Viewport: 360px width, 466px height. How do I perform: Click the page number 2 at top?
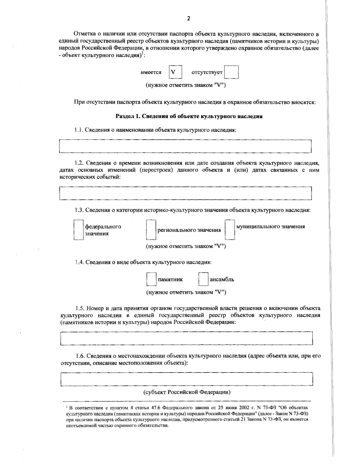(188, 19)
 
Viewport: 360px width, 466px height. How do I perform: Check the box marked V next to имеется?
(175, 72)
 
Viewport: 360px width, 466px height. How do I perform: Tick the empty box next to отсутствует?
(232, 72)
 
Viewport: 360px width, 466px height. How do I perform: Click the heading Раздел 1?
(189, 116)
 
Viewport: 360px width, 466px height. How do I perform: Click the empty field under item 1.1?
(185, 146)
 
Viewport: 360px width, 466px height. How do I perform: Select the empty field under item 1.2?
(185, 193)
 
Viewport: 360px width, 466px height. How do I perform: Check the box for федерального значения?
(78, 230)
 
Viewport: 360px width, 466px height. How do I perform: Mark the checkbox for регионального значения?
(151, 230)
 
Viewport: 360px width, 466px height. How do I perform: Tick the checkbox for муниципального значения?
(230, 230)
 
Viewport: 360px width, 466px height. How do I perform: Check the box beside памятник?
(151, 279)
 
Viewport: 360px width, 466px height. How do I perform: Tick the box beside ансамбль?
(203, 279)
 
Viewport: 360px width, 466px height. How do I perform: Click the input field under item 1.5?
(186, 338)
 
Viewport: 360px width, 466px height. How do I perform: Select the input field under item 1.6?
(186, 379)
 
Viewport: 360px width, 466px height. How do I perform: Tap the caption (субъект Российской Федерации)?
(186, 392)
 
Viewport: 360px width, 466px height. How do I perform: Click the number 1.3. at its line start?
(79, 210)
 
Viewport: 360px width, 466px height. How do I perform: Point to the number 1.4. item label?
(79, 262)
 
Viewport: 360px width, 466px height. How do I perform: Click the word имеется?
(151, 72)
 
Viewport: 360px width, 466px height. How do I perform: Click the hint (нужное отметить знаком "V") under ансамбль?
(186, 292)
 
